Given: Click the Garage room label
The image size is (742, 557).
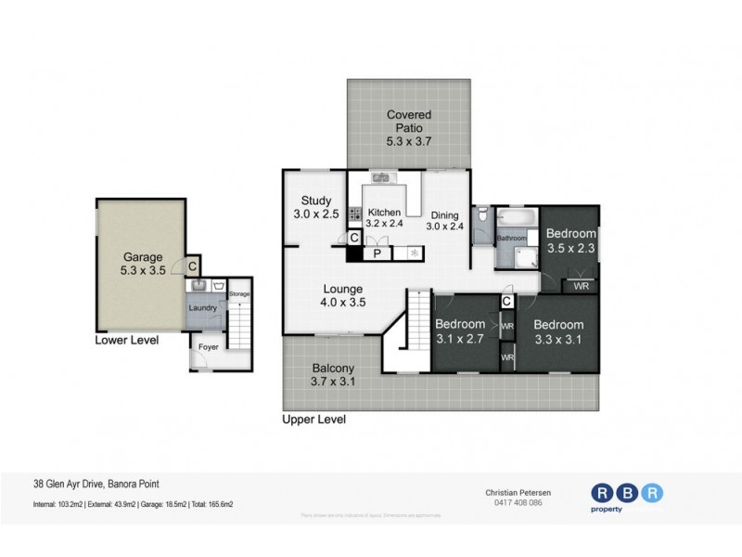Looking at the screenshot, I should pos(143,265).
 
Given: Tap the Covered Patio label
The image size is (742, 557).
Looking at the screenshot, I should pos(409,128).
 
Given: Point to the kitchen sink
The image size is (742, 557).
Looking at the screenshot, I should pos(380,176).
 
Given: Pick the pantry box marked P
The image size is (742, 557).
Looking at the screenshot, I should pos(377,253).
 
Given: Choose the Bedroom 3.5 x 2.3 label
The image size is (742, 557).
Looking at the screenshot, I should pos(569,240).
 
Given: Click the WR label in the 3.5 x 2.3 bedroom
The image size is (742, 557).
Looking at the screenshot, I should pos(581,287).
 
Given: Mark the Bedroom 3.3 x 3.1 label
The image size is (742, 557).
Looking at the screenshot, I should pos(557,331).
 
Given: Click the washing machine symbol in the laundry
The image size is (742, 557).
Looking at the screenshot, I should pos(218,286).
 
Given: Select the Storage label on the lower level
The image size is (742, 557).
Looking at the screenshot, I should pos(239,293).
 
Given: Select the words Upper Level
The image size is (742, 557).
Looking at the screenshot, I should pos(313,420).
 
